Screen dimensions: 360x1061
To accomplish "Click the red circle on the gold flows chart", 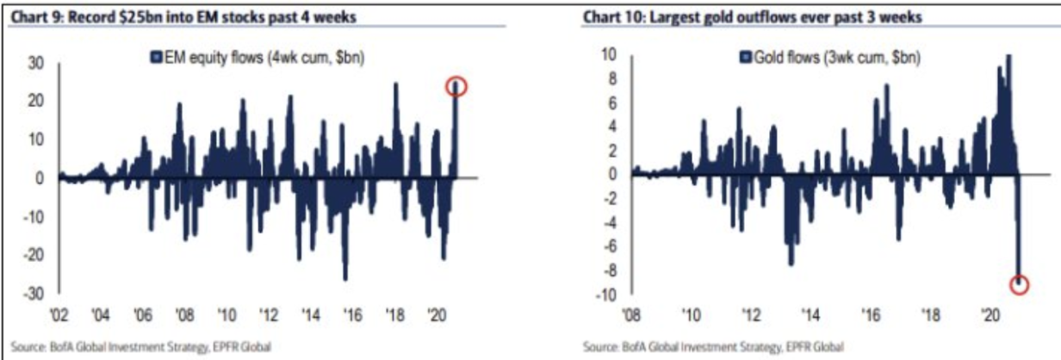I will pyautogui.click(x=1019, y=284).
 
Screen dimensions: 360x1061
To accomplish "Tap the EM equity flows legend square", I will pyautogui.click(x=156, y=59).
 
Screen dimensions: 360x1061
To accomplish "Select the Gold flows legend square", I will pyautogui.click(x=747, y=59).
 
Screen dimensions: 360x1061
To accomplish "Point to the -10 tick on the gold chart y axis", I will pyautogui.click(x=608, y=295).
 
